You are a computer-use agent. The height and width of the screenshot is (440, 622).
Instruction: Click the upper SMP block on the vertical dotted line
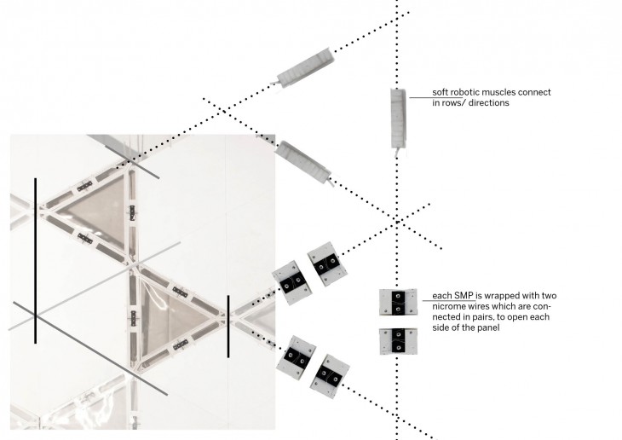397,303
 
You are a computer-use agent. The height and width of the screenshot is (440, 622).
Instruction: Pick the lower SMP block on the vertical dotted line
397,341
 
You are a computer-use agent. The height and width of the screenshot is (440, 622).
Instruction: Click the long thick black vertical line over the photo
35,260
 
